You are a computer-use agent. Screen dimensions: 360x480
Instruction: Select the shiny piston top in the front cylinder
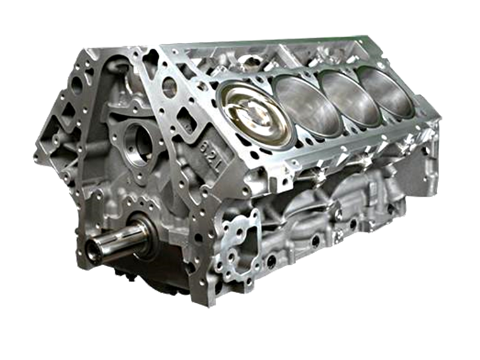[x=256, y=115]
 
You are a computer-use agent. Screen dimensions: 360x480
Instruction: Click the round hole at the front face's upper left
[x=77, y=84]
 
